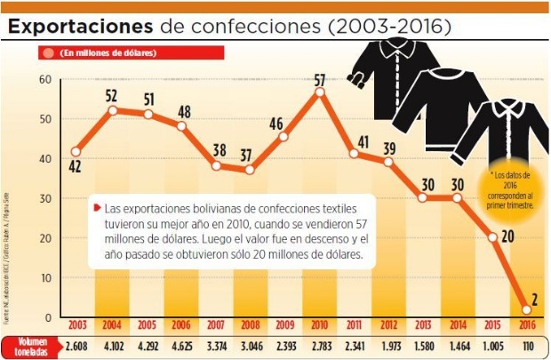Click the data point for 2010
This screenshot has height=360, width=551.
point(319,92)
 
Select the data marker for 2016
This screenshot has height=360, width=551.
point(526,309)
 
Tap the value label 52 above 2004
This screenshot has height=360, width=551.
point(112,95)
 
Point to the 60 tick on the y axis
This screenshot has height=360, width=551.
point(41,80)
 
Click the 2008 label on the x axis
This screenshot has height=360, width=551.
point(250,325)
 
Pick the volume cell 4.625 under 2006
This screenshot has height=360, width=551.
point(181,345)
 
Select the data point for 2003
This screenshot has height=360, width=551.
point(76,152)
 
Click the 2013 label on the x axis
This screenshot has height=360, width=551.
point(422,325)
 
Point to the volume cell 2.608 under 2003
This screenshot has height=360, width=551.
point(76,345)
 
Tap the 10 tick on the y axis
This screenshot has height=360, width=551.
point(41,278)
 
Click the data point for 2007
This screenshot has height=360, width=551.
point(215,166)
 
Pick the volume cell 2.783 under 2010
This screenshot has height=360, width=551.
point(319,345)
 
